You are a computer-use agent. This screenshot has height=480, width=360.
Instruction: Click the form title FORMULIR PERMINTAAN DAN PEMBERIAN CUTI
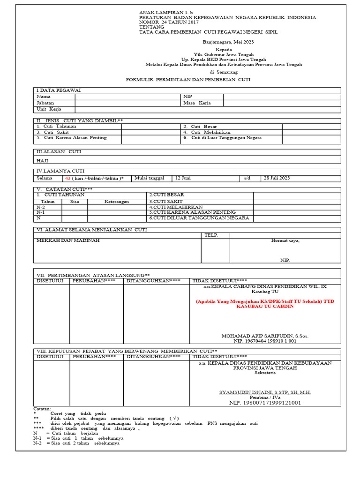188,80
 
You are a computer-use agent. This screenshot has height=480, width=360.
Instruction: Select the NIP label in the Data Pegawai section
187,97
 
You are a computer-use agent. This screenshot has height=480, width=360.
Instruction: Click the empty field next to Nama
128,97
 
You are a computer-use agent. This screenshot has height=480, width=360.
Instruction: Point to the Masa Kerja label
197,103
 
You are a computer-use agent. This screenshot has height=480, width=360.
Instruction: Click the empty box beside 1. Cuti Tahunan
151,127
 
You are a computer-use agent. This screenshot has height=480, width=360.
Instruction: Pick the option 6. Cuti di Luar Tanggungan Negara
222,138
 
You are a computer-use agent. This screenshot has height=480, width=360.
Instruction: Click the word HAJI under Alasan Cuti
43,160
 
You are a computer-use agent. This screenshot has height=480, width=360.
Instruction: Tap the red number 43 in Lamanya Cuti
68,179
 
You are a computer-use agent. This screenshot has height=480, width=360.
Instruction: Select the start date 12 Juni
183,178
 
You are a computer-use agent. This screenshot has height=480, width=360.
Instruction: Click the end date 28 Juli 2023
277,178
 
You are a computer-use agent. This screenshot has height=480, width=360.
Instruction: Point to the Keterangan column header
116,201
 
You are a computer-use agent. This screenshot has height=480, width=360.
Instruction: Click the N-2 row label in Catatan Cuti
41,207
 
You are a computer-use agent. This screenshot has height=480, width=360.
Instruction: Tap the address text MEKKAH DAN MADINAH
68,240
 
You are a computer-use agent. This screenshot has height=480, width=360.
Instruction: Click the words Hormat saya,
285,241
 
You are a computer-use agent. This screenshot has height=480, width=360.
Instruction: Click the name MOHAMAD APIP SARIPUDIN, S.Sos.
265,336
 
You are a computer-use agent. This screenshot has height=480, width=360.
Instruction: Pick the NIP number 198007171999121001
271,403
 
